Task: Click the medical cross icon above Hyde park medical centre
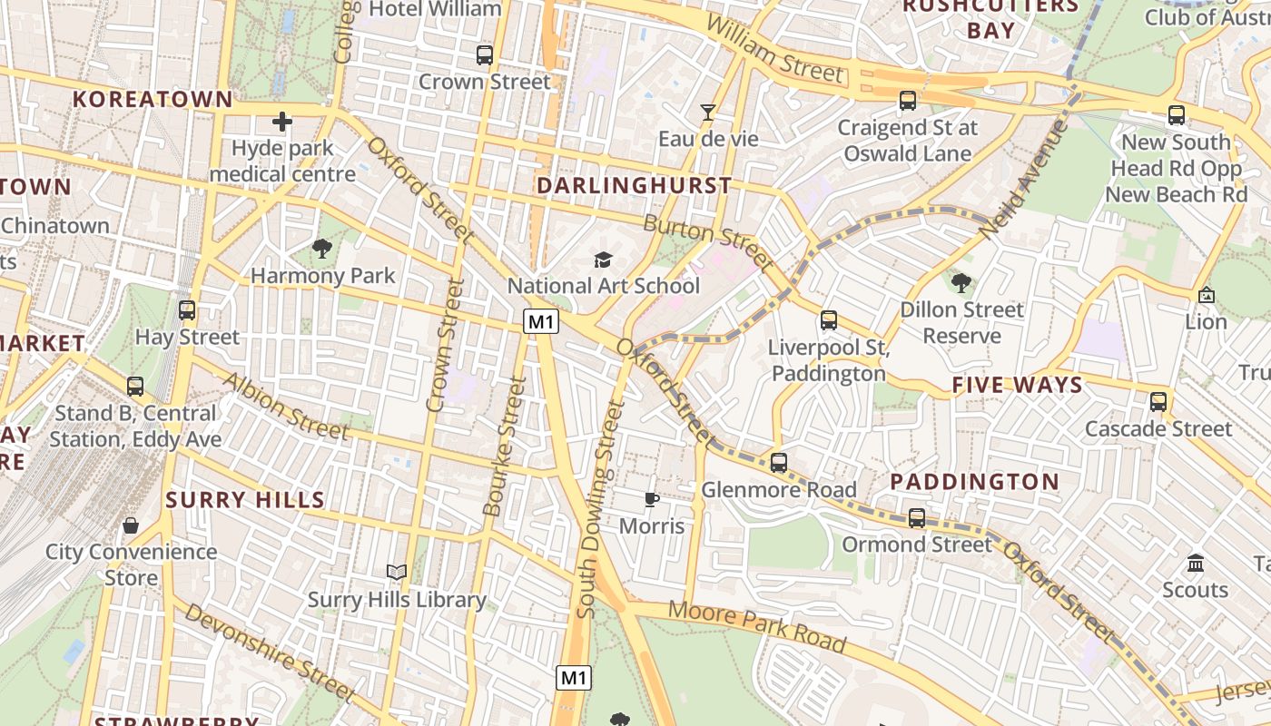tap(282, 121)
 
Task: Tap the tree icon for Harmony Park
tap(321, 248)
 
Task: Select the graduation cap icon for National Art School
tap(603, 260)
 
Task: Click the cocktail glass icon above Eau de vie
tap(708, 112)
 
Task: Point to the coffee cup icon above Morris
tap(651, 498)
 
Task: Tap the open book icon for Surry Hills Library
tap(397, 572)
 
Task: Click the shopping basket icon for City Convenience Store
tap(131, 525)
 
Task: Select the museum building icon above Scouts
tap(1195, 563)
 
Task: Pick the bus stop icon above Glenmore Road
tap(778, 463)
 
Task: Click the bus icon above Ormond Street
tap(917, 518)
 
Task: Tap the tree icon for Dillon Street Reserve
tap(961, 282)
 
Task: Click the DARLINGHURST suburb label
tap(634, 185)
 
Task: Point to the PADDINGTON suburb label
tap(974, 482)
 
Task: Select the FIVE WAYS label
tap(1017, 385)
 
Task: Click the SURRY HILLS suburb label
tap(245, 499)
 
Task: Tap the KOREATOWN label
tap(153, 99)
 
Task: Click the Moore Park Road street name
tap(757, 626)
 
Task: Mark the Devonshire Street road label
tap(270, 652)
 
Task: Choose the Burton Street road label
tap(709, 243)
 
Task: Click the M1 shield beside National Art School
tap(541, 321)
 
